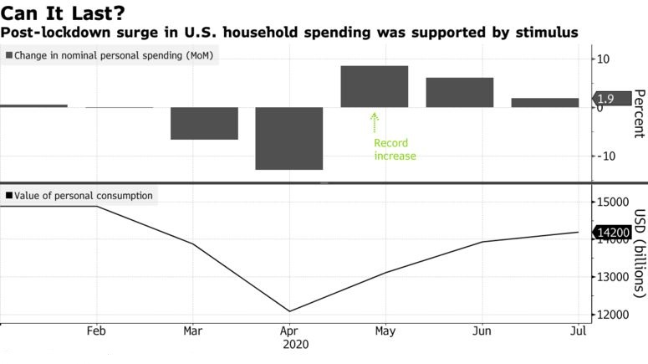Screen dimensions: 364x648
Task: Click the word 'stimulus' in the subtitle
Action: [543, 33]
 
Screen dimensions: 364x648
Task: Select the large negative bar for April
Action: [289, 138]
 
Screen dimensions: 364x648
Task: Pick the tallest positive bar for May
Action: [375, 86]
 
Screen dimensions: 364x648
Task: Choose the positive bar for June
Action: [460, 92]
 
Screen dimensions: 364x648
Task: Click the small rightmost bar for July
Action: [545, 102]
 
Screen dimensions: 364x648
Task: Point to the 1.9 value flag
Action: [608, 99]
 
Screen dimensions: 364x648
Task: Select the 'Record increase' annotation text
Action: [395, 150]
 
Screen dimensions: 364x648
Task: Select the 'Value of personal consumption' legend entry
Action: [79, 196]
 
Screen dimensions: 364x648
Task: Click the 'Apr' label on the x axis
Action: [289, 331]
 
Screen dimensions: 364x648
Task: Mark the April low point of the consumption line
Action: [289, 311]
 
